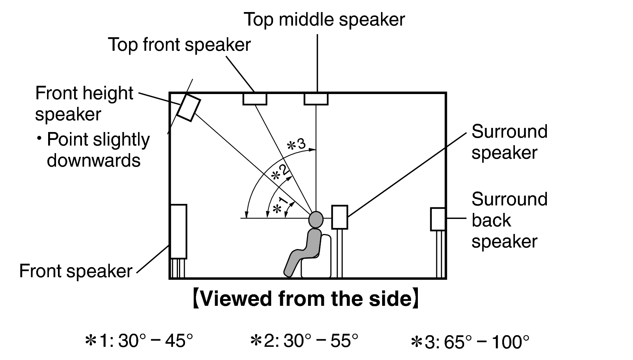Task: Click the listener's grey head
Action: click(316, 219)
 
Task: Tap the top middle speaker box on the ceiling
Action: click(316, 99)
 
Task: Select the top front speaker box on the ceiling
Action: click(255, 99)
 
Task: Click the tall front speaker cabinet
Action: click(178, 231)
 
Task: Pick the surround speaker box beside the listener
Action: click(339, 217)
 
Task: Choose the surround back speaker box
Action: click(438, 219)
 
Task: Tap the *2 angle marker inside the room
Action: click(281, 174)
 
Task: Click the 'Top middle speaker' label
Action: click(324, 19)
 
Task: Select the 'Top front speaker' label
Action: click(179, 45)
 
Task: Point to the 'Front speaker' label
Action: click(76, 271)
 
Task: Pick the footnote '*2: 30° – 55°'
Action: click(304, 341)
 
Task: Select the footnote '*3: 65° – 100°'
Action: click(470, 342)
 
